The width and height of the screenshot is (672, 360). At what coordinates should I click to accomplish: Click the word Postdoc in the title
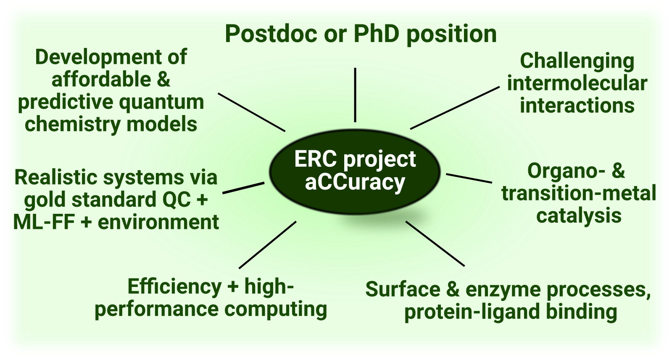[x=271, y=34]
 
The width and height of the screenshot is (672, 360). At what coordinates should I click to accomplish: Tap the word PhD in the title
[x=377, y=34]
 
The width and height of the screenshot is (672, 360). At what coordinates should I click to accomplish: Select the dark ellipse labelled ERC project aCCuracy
[x=355, y=172]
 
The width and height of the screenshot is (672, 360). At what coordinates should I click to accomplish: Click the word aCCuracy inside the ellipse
[x=355, y=182]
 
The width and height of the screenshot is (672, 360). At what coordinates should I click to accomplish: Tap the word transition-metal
[x=579, y=193]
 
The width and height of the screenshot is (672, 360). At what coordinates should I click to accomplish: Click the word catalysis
[x=579, y=216]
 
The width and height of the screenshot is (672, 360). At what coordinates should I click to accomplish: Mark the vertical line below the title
[x=355, y=95]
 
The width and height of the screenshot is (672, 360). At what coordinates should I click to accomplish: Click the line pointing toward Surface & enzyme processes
[x=435, y=244]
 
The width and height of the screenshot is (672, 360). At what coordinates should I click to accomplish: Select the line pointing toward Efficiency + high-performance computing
[x=268, y=245]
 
